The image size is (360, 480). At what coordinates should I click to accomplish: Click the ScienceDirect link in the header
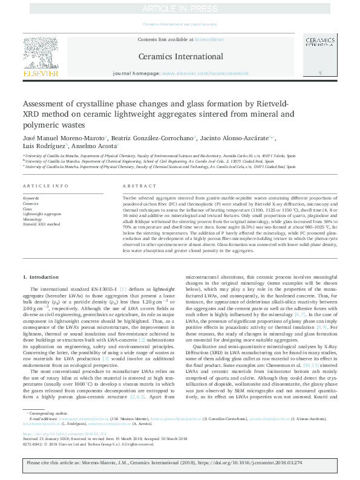tap(209, 39)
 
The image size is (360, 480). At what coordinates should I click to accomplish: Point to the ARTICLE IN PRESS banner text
tap(180, 8)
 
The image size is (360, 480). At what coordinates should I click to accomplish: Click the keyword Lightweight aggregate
tap(42, 214)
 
